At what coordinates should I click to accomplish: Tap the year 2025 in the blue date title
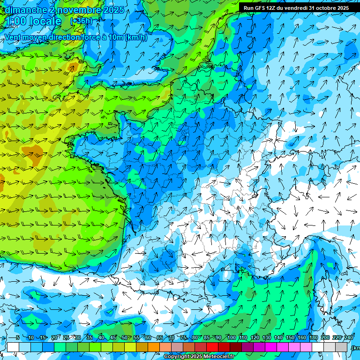[113, 10]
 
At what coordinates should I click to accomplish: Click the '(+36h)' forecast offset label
[81, 21]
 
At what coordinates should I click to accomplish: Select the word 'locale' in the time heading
[45, 21]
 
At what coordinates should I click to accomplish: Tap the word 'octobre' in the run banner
[327, 8]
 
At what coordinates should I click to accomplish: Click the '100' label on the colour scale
[231, 338]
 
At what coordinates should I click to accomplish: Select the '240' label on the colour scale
[349, 338]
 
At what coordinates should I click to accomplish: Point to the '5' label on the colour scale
[18, 338]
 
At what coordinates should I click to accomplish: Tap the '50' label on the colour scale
[124, 338]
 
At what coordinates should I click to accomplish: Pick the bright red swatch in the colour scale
[212, 347]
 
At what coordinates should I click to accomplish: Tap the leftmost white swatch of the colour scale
[13, 347]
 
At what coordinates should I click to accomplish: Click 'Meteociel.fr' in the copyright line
[223, 357]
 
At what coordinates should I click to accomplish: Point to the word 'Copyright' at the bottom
[177, 357]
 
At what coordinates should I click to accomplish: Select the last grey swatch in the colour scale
[341, 347]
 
